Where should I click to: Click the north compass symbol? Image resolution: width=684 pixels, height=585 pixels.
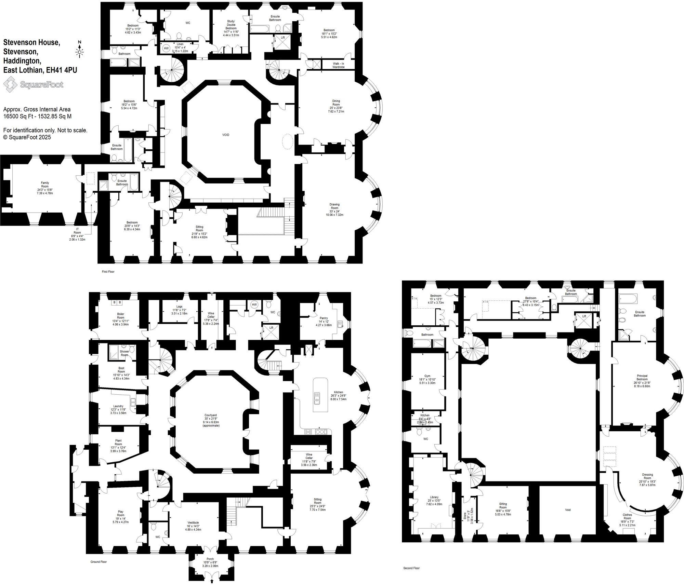[80, 50]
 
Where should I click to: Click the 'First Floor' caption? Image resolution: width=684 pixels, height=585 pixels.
[108, 272]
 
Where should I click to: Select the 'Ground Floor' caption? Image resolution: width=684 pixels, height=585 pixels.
[98, 562]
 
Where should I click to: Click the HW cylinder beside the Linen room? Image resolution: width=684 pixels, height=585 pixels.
[166, 49]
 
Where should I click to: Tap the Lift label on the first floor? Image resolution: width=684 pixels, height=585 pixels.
[283, 38]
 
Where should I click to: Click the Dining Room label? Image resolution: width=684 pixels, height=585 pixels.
[336, 106]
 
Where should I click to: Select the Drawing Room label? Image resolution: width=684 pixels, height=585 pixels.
[334, 209]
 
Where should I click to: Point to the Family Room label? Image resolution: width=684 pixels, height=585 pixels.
[45, 188]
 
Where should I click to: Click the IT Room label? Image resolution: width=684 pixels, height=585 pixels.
[77, 234]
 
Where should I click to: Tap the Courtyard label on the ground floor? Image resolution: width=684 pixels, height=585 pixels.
[211, 420]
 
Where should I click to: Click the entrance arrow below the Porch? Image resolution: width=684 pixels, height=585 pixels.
[212, 581]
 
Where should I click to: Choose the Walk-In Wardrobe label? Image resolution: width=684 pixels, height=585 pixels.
[338, 65]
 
